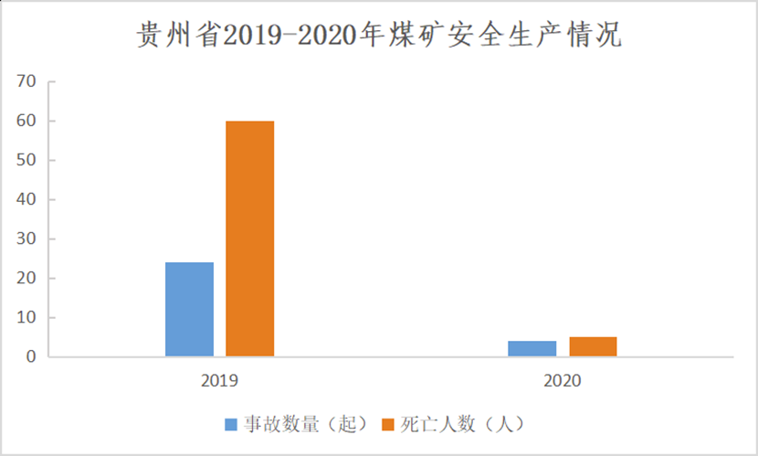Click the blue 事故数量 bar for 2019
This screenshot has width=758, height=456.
tap(189, 309)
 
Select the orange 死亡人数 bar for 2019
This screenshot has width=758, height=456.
tap(249, 239)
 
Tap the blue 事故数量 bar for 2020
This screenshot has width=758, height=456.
tap(532, 348)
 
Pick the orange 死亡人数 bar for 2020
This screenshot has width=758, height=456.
tap(593, 346)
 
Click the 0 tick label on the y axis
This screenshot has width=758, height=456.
tap(30, 357)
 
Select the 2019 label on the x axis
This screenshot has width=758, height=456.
tap(219, 379)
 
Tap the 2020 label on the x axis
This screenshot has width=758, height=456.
tap(563, 379)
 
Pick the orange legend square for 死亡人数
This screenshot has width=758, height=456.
tap(387, 425)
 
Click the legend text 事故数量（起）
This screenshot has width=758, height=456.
tap(305, 425)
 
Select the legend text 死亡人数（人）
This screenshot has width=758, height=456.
tap(460, 425)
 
